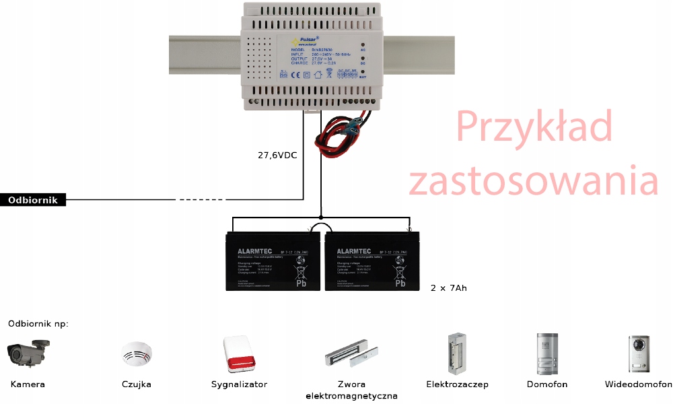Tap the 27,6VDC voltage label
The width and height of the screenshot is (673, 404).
[x=277, y=156]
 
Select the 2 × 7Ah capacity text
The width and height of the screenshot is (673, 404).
[x=448, y=288]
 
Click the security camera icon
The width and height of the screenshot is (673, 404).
[x=28, y=353]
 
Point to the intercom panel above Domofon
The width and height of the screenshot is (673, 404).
[x=546, y=353]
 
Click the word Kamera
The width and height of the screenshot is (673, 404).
[x=28, y=384]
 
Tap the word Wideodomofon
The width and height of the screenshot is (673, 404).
[x=638, y=384]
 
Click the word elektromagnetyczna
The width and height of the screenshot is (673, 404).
[x=351, y=396]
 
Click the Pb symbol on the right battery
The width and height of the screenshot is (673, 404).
[x=400, y=283]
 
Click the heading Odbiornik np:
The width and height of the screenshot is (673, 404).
[x=38, y=324]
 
